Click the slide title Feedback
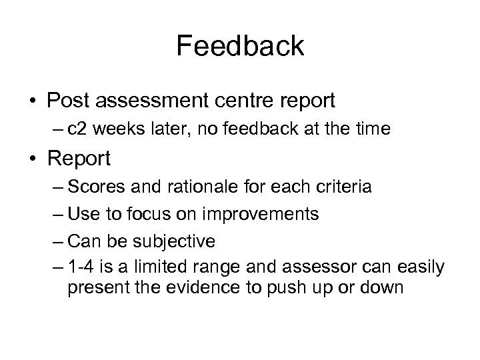240,46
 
